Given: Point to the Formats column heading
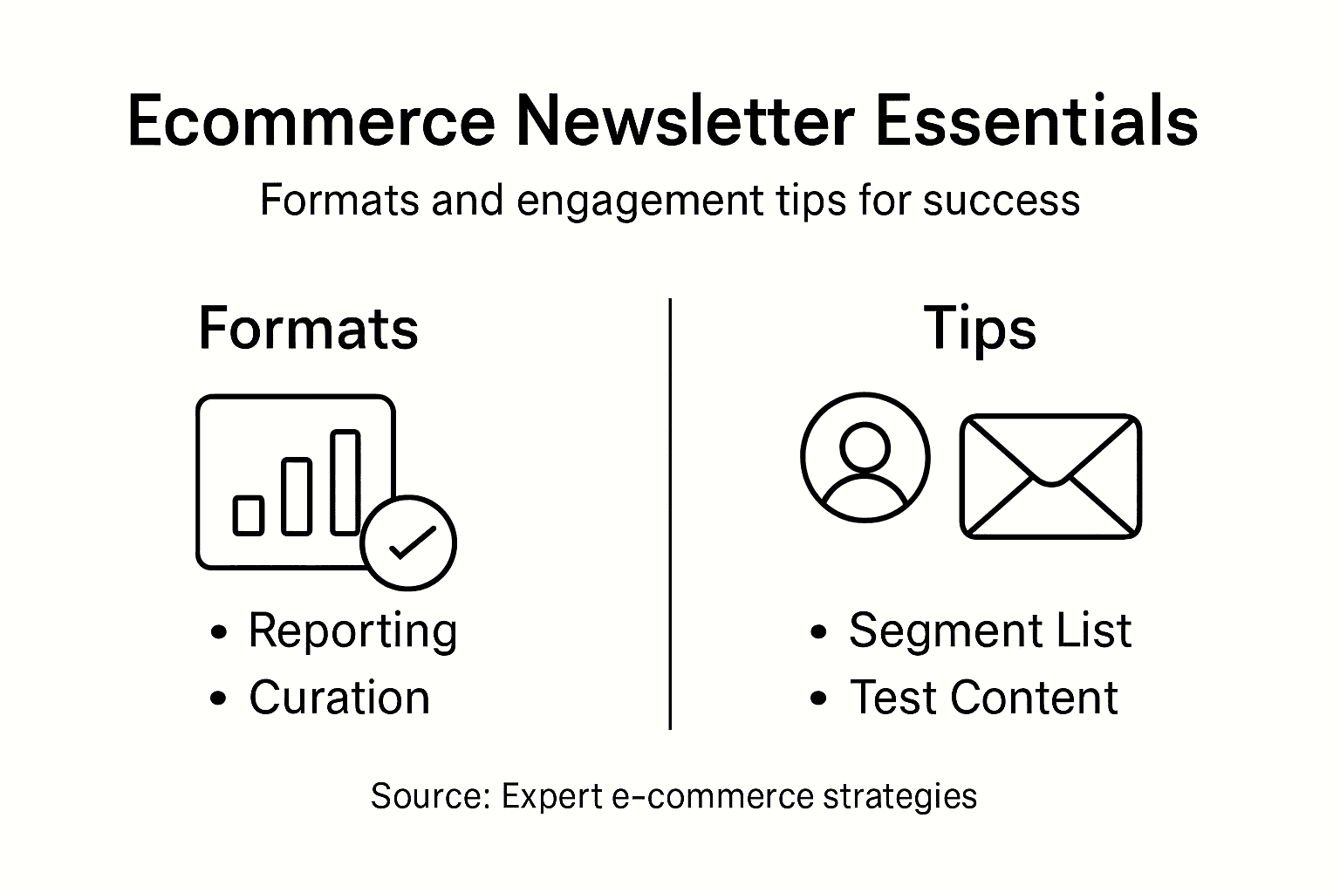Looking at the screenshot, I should click(308, 329).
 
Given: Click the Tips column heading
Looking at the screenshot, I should click(980, 329).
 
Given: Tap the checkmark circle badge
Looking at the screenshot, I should click(408, 542).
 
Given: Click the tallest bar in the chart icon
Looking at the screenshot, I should click(345, 481).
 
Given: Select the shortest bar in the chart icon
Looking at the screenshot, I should click(249, 515).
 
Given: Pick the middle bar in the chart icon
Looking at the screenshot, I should click(297, 495).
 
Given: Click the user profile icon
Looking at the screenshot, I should click(865, 457).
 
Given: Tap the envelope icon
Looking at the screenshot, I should click(1050, 476).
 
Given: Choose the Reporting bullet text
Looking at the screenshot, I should click(352, 630).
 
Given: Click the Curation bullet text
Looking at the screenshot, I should click(339, 698).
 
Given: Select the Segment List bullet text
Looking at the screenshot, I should click(990, 630).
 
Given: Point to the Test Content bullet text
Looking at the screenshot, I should click(984, 698).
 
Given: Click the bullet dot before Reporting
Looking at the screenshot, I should click(219, 632).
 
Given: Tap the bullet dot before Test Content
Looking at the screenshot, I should click(818, 699).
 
